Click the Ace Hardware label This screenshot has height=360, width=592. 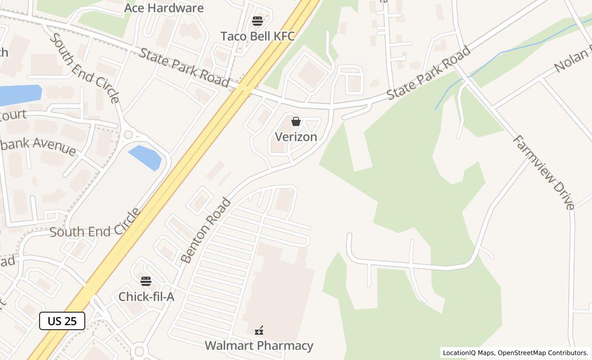pos(163,8)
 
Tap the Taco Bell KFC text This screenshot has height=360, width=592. pos(257,36)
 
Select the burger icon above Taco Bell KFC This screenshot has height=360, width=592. pos(257,21)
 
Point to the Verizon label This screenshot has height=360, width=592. pos(296,137)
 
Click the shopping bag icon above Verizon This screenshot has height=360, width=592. pos(296,121)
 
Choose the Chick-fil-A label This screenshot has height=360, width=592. pos(146,297)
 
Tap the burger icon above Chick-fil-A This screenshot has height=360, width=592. pos(146,281)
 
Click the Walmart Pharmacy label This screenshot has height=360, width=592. pos(259,346)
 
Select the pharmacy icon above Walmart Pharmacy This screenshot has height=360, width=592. pos(260,330)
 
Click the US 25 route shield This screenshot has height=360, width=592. pos(62,321)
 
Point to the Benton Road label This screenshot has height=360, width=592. pos(206,230)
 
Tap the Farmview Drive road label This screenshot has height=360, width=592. pos(543,172)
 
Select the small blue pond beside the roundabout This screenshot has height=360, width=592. pos(145,157)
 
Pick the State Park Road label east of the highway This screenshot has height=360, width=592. pos(429,73)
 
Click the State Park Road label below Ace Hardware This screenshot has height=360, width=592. pos(184,67)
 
